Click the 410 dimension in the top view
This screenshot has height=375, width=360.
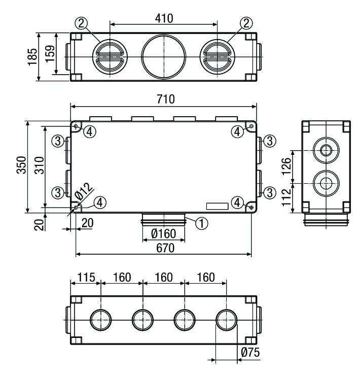tap(164, 18)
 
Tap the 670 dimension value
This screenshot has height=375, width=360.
tap(164, 248)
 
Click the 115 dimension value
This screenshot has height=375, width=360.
tap(86, 278)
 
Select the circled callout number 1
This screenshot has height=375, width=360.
tap(201, 222)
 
